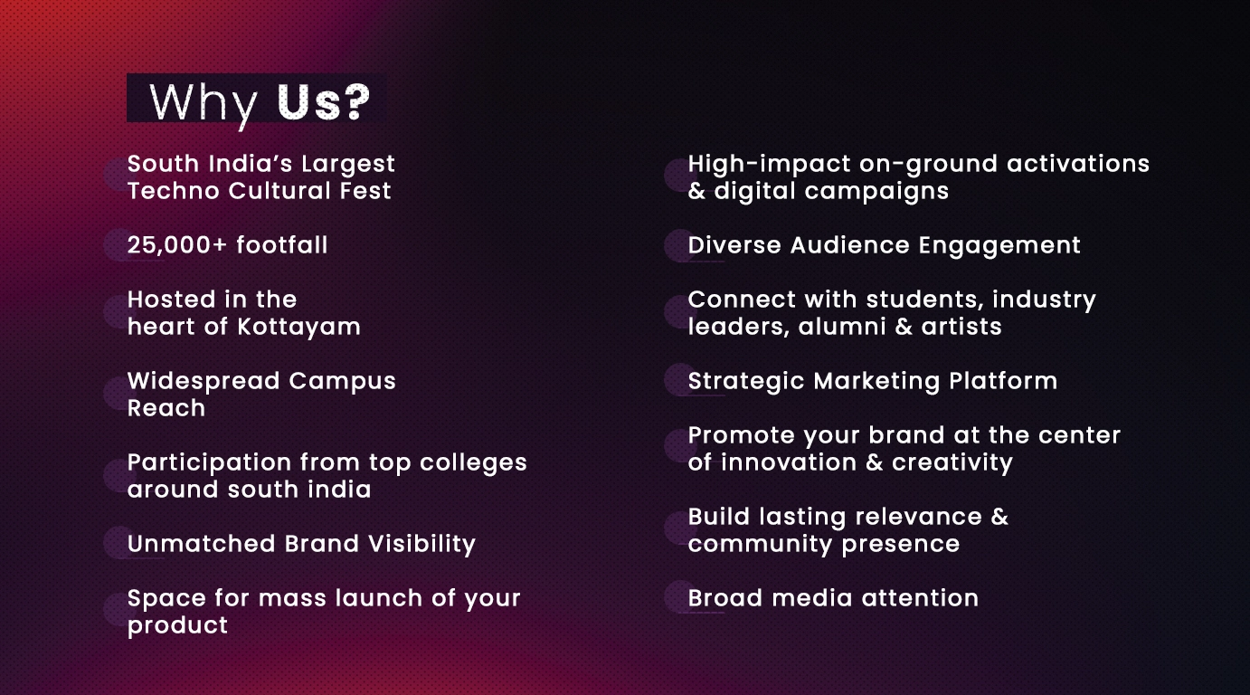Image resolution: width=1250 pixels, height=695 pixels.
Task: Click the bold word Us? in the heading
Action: [323, 101]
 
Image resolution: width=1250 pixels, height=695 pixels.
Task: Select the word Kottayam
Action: [298, 327]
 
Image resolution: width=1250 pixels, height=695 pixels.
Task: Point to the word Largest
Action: [348, 165]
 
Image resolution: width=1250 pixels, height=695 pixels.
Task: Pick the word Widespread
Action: [204, 382]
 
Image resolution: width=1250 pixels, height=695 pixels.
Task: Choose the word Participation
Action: [209, 463]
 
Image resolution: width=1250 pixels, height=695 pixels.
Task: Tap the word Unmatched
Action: [202, 544]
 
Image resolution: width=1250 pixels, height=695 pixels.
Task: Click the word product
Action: [177, 626]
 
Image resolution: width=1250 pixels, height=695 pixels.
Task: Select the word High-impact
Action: [769, 165]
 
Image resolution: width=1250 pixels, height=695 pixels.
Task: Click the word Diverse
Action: [734, 245]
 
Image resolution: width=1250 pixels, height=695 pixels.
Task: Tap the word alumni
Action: [841, 327]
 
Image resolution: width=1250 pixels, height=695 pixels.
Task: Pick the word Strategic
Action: [746, 382]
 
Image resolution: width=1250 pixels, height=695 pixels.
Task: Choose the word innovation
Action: [796, 462]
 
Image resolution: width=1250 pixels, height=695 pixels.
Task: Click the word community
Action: [760, 545]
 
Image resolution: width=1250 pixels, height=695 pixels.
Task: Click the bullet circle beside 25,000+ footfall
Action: [119, 245]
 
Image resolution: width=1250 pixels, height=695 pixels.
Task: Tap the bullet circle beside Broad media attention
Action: [680, 596]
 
